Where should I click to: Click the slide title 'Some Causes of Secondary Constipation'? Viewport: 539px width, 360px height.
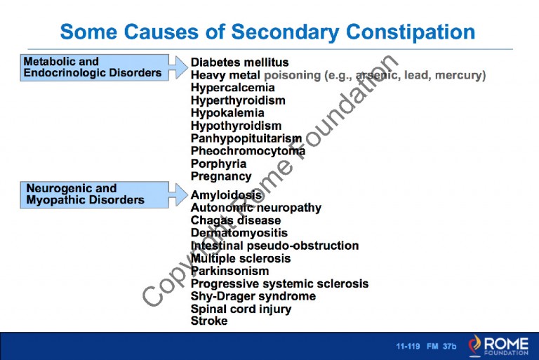click(x=267, y=32)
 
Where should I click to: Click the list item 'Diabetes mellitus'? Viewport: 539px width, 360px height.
click(x=239, y=62)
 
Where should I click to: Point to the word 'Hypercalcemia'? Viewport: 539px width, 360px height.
click(x=232, y=88)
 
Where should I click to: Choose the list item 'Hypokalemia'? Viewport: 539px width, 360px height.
click(x=227, y=113)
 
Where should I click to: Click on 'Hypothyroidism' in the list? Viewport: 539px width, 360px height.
click(x=236, y=126)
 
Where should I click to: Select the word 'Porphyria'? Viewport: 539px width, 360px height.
click(x=218, y=164)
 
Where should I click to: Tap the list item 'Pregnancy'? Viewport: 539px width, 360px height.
click(x=220, y=177)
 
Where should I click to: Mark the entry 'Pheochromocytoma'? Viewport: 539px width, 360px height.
click(x=248, y=151)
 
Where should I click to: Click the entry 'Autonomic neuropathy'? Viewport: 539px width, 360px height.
click(x=255, y=208)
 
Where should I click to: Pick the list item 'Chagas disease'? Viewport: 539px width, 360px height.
click(x=235, y=220)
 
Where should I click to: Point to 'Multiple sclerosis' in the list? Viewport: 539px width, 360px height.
click(x=240, y=258)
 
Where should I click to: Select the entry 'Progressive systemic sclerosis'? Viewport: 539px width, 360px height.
click(x=279, y=284)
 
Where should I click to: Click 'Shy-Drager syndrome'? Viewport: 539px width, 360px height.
click(x=253, y=296)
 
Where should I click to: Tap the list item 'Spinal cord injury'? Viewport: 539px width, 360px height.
click(x=241, y=309)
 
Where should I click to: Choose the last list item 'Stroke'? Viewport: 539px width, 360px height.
click(x=209, y=321)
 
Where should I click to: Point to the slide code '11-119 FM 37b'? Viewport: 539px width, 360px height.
click(x=426, y=347)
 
